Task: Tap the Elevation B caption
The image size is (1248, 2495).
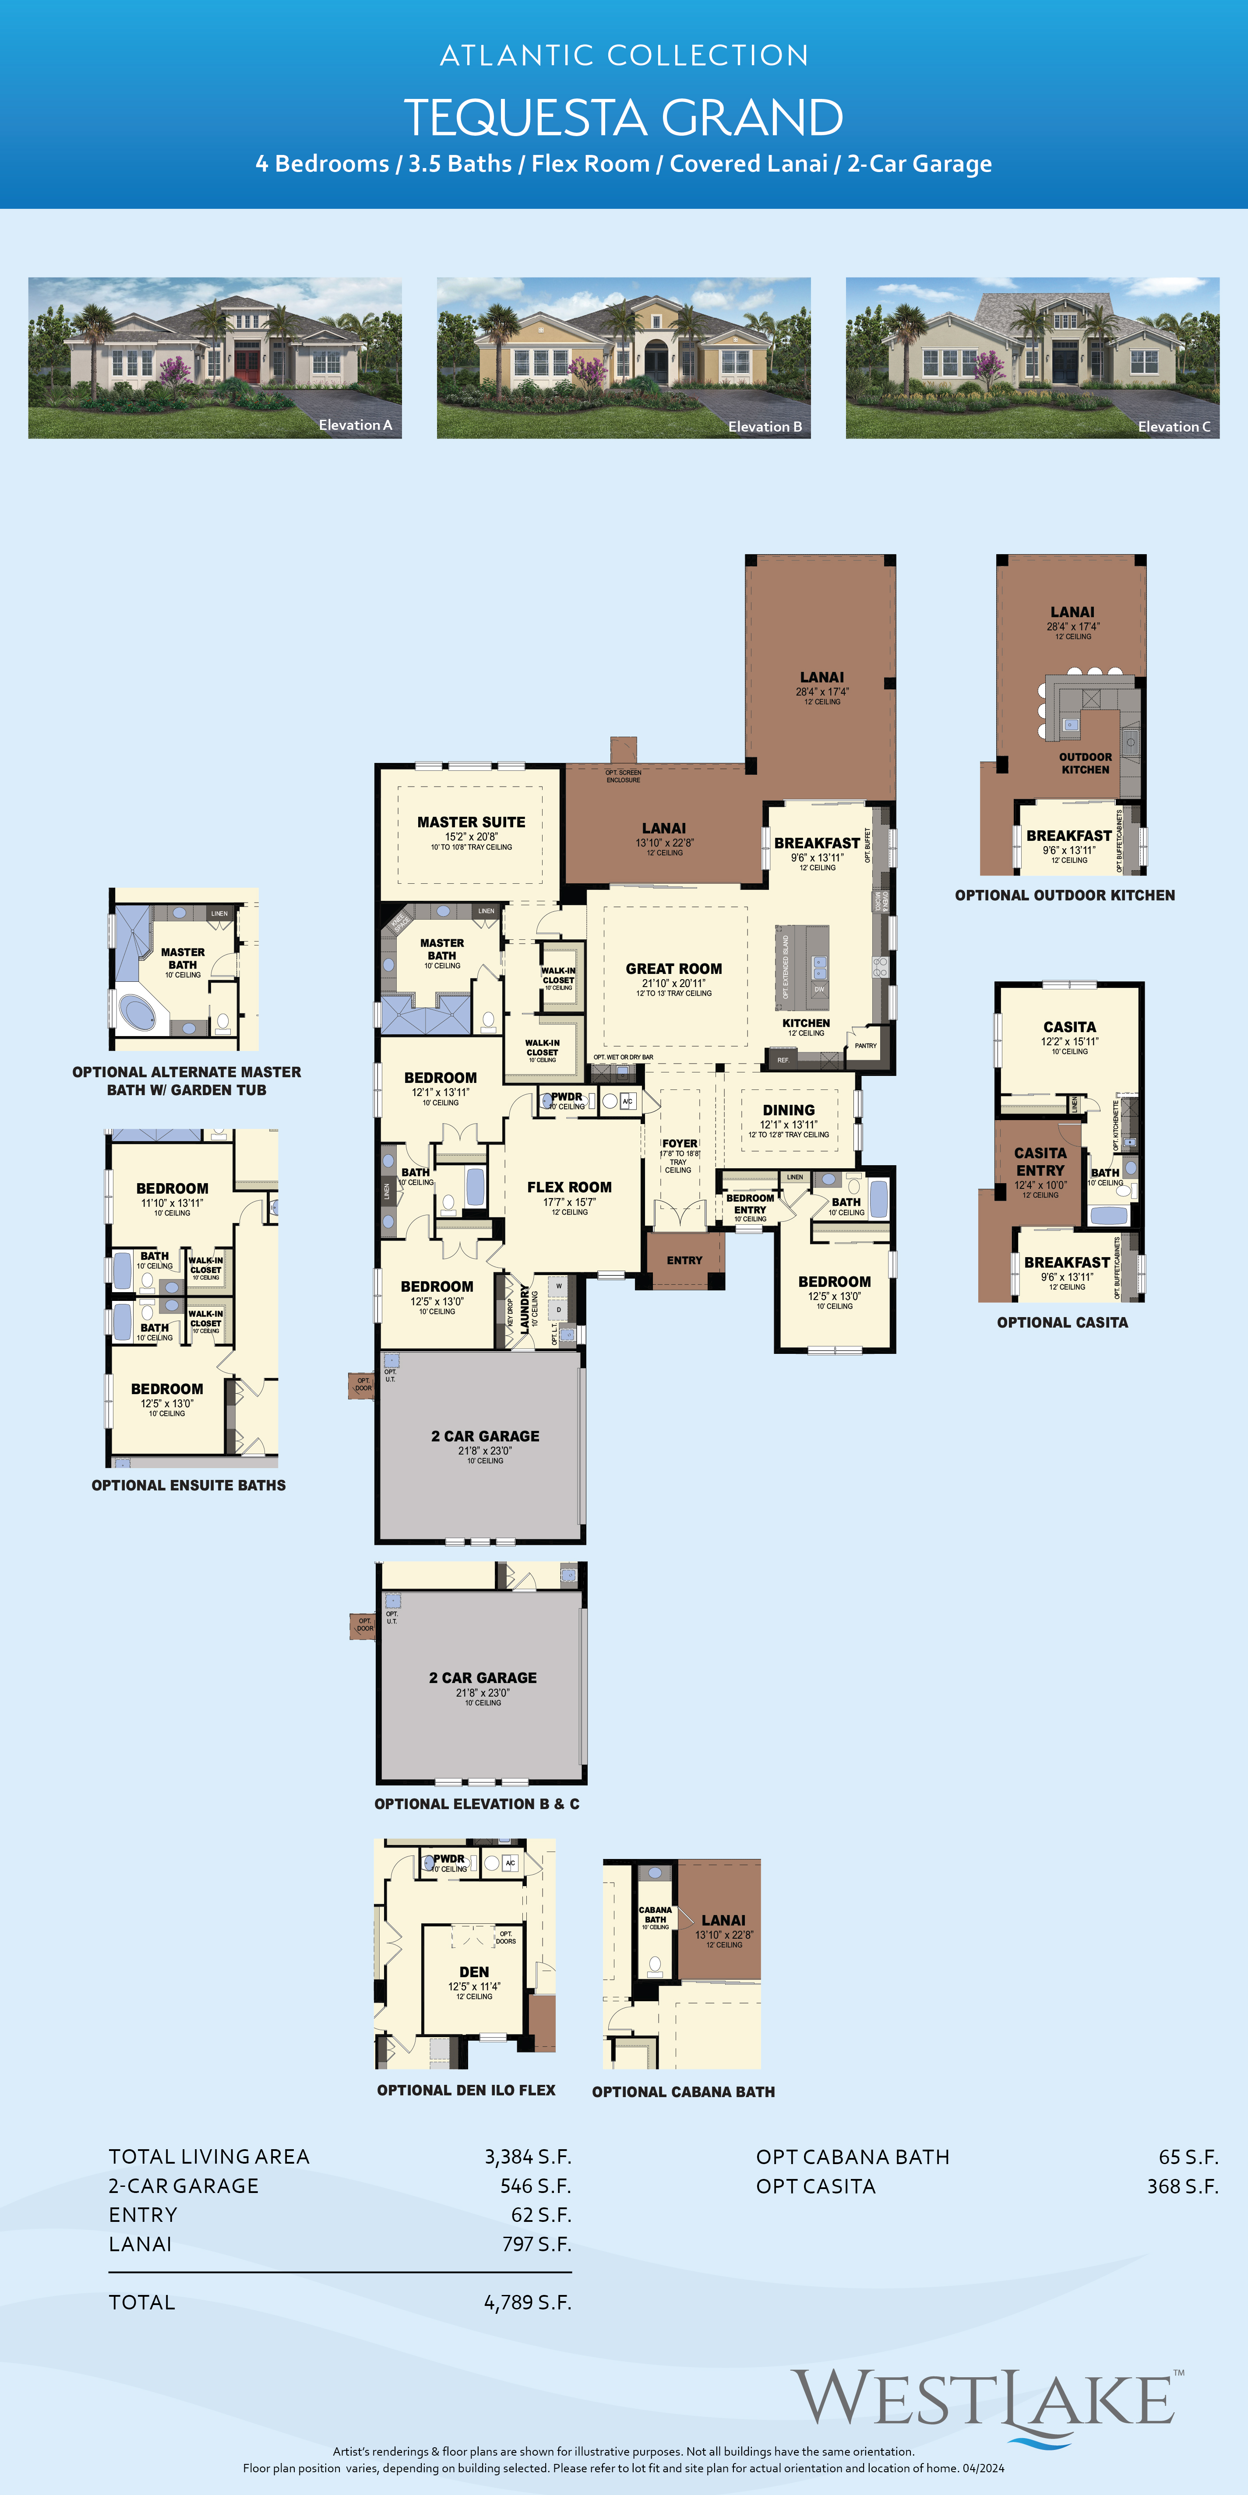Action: click(x=765, y=426)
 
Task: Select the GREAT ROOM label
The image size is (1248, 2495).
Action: click(x=673, y=969)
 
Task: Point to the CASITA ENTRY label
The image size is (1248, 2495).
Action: click(x=1040, y=1161)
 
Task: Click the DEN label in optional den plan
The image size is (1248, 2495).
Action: click(x=474, y=1972)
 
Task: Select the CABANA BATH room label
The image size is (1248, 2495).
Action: click(x=655, y=1915)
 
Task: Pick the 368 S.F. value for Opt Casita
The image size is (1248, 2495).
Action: click(x=1182, y=2186)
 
